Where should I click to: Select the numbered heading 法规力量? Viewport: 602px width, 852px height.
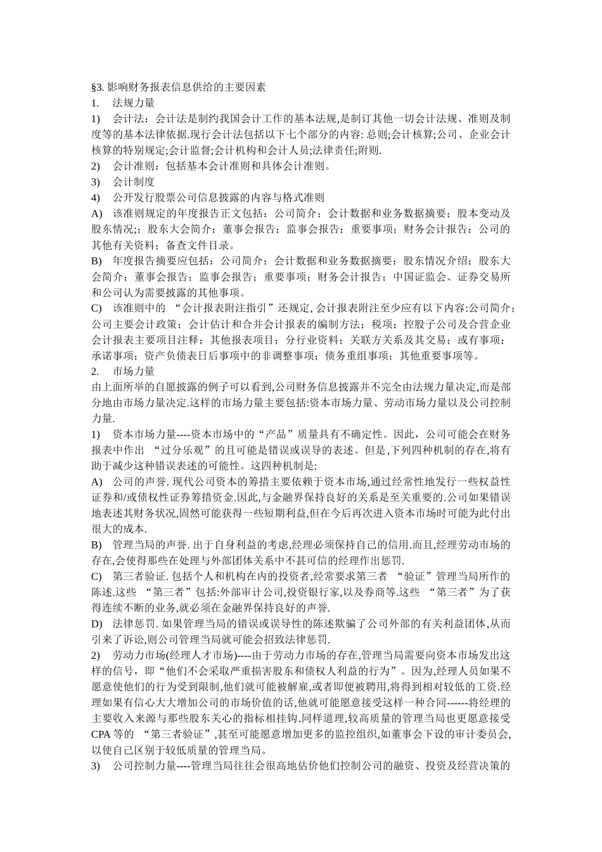coord(134,102)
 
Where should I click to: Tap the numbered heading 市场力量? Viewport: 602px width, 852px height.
coord(134,371)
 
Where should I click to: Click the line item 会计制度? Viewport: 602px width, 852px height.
coord(134,181)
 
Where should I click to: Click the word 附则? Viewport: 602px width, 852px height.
coord(369,150)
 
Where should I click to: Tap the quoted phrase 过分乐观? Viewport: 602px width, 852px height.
coord(188,449)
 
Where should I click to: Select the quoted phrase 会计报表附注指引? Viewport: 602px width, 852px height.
coord(229,308)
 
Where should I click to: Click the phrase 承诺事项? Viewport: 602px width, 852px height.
coord(113,355)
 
